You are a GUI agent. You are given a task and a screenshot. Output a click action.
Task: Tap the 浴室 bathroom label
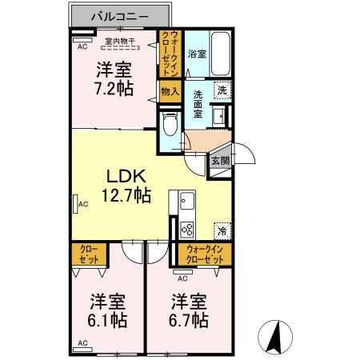pos(197,54)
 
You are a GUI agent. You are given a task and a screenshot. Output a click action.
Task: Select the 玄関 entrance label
pos(220,160)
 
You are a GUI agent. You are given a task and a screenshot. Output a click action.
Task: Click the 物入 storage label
pos(169,92)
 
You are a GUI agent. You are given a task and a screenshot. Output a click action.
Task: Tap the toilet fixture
pos(168,124)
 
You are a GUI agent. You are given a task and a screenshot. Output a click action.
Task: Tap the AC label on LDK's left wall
pos(82,205)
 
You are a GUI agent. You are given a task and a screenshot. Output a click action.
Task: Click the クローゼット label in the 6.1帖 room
pos(87,255)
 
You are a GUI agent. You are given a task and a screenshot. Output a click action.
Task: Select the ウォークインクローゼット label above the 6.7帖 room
pos(203,255)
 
